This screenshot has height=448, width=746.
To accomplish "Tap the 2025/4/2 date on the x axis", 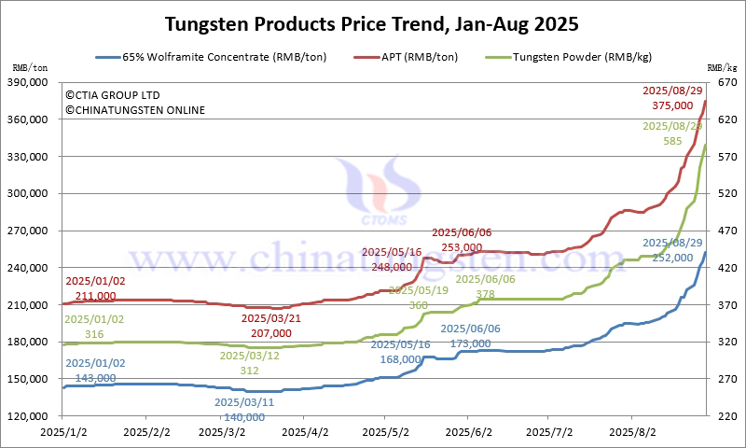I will point(306,433).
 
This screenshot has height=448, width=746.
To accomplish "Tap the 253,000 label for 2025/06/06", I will point(456,247).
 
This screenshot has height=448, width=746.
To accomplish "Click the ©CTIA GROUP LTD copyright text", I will point(113,95).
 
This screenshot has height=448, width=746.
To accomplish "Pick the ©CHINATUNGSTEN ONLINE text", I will point(135,110).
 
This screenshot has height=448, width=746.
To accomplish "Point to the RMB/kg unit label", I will point(721,67).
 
